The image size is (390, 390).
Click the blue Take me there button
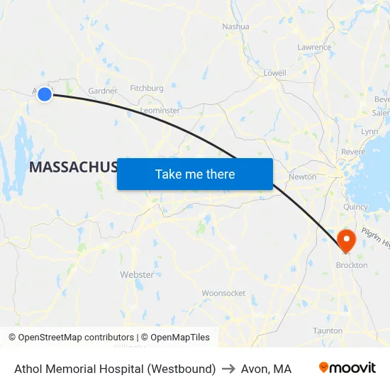click(x=195, y=174)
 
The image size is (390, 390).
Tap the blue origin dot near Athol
click(x=45, y=94)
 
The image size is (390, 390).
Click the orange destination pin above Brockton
click(x=347, y=240)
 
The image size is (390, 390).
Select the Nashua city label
click(x=236, y=26)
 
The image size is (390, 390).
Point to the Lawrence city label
click(x=314, y=48)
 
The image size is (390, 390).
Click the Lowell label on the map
click(x=274, y=73)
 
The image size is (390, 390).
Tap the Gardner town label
click(x=102, y=91)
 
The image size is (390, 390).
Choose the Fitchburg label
click(x=147, y=89)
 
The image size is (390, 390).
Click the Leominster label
click(x=160, y=111)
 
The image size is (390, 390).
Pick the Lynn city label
click(x=369, y=132)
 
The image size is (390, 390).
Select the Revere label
click(x=353, y=152)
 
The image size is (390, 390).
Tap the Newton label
click(x=303, y=177)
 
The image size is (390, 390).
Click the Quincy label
click(x=355, y=207)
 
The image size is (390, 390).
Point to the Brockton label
click(x=351, y=265)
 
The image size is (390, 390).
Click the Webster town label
click(x=137, y=274)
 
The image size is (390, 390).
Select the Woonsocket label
click(x=223, y=293)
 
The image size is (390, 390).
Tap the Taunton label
click(x=328, y=330)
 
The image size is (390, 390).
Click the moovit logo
click(x=347, y=368)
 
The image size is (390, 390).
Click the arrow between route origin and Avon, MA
click(x=228, y=369)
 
